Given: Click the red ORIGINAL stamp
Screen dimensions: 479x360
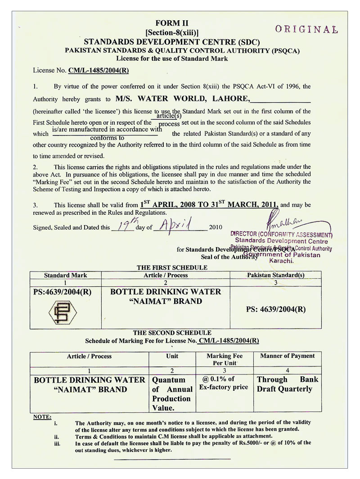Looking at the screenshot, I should (x=306, y=30).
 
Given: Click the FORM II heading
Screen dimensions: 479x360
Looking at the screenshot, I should (x=172, y=23).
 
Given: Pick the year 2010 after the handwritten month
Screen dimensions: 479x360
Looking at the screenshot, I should (x=216, y=227).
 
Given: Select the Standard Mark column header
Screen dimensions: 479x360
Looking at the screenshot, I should (x=66, y=275).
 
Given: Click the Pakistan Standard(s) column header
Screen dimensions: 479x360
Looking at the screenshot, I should (x=275, y=275).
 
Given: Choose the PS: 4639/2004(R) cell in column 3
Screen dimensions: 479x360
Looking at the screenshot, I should (x=276, y=309).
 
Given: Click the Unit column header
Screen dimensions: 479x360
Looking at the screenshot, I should (x=172, y=356).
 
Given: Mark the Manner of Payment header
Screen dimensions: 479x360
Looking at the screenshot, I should (x=288, y=356).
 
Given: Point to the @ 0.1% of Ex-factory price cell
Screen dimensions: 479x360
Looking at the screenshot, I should (x=224, y=383).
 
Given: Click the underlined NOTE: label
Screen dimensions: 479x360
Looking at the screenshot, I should (x=43, y=416).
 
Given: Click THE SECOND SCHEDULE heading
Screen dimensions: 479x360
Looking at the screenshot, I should (x=172, y=333).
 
